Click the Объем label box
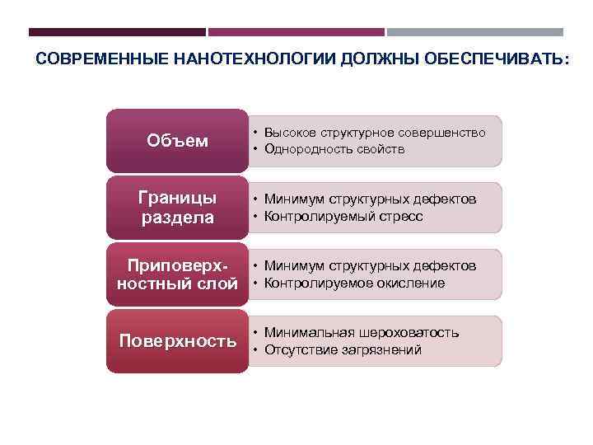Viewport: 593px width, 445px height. pos(177,141)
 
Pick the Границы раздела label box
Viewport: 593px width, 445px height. pos(177,208)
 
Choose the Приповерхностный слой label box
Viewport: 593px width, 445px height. pos(177,274)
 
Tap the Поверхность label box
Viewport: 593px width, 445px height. pos(177,341)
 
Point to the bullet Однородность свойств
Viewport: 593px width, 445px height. pos(334,149)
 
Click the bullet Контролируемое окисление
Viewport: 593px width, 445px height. pos(354,283)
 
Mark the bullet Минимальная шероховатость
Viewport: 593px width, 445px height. pos(362,333)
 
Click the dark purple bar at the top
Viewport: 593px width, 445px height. pos(117,32)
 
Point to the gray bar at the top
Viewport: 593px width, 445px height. pos(475,32)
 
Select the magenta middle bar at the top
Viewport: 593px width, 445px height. pos(296,32)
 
